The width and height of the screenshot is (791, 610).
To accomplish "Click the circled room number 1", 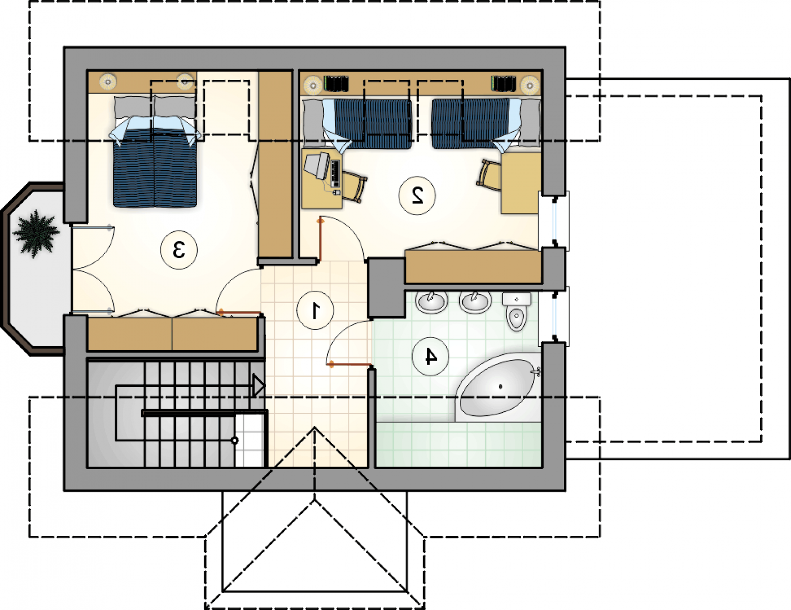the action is tap(315, 311).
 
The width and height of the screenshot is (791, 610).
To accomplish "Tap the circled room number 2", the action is tap(417, 196).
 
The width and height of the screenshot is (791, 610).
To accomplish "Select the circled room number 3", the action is tap(179, 250).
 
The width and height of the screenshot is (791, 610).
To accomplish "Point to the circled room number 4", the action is tap(430, 356).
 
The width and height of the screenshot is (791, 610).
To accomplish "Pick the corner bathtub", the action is tap(498, 387).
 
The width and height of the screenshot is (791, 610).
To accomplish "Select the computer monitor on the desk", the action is tap(318, 166).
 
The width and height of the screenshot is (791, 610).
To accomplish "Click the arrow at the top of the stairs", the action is tap(259, 386).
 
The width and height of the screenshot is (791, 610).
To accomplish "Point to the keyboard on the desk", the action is tap(335, 172).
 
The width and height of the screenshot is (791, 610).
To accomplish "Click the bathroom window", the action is tap(554, 316).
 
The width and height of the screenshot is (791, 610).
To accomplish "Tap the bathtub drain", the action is tap(500, 387).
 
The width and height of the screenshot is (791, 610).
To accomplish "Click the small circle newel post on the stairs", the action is tap(235, 441).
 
